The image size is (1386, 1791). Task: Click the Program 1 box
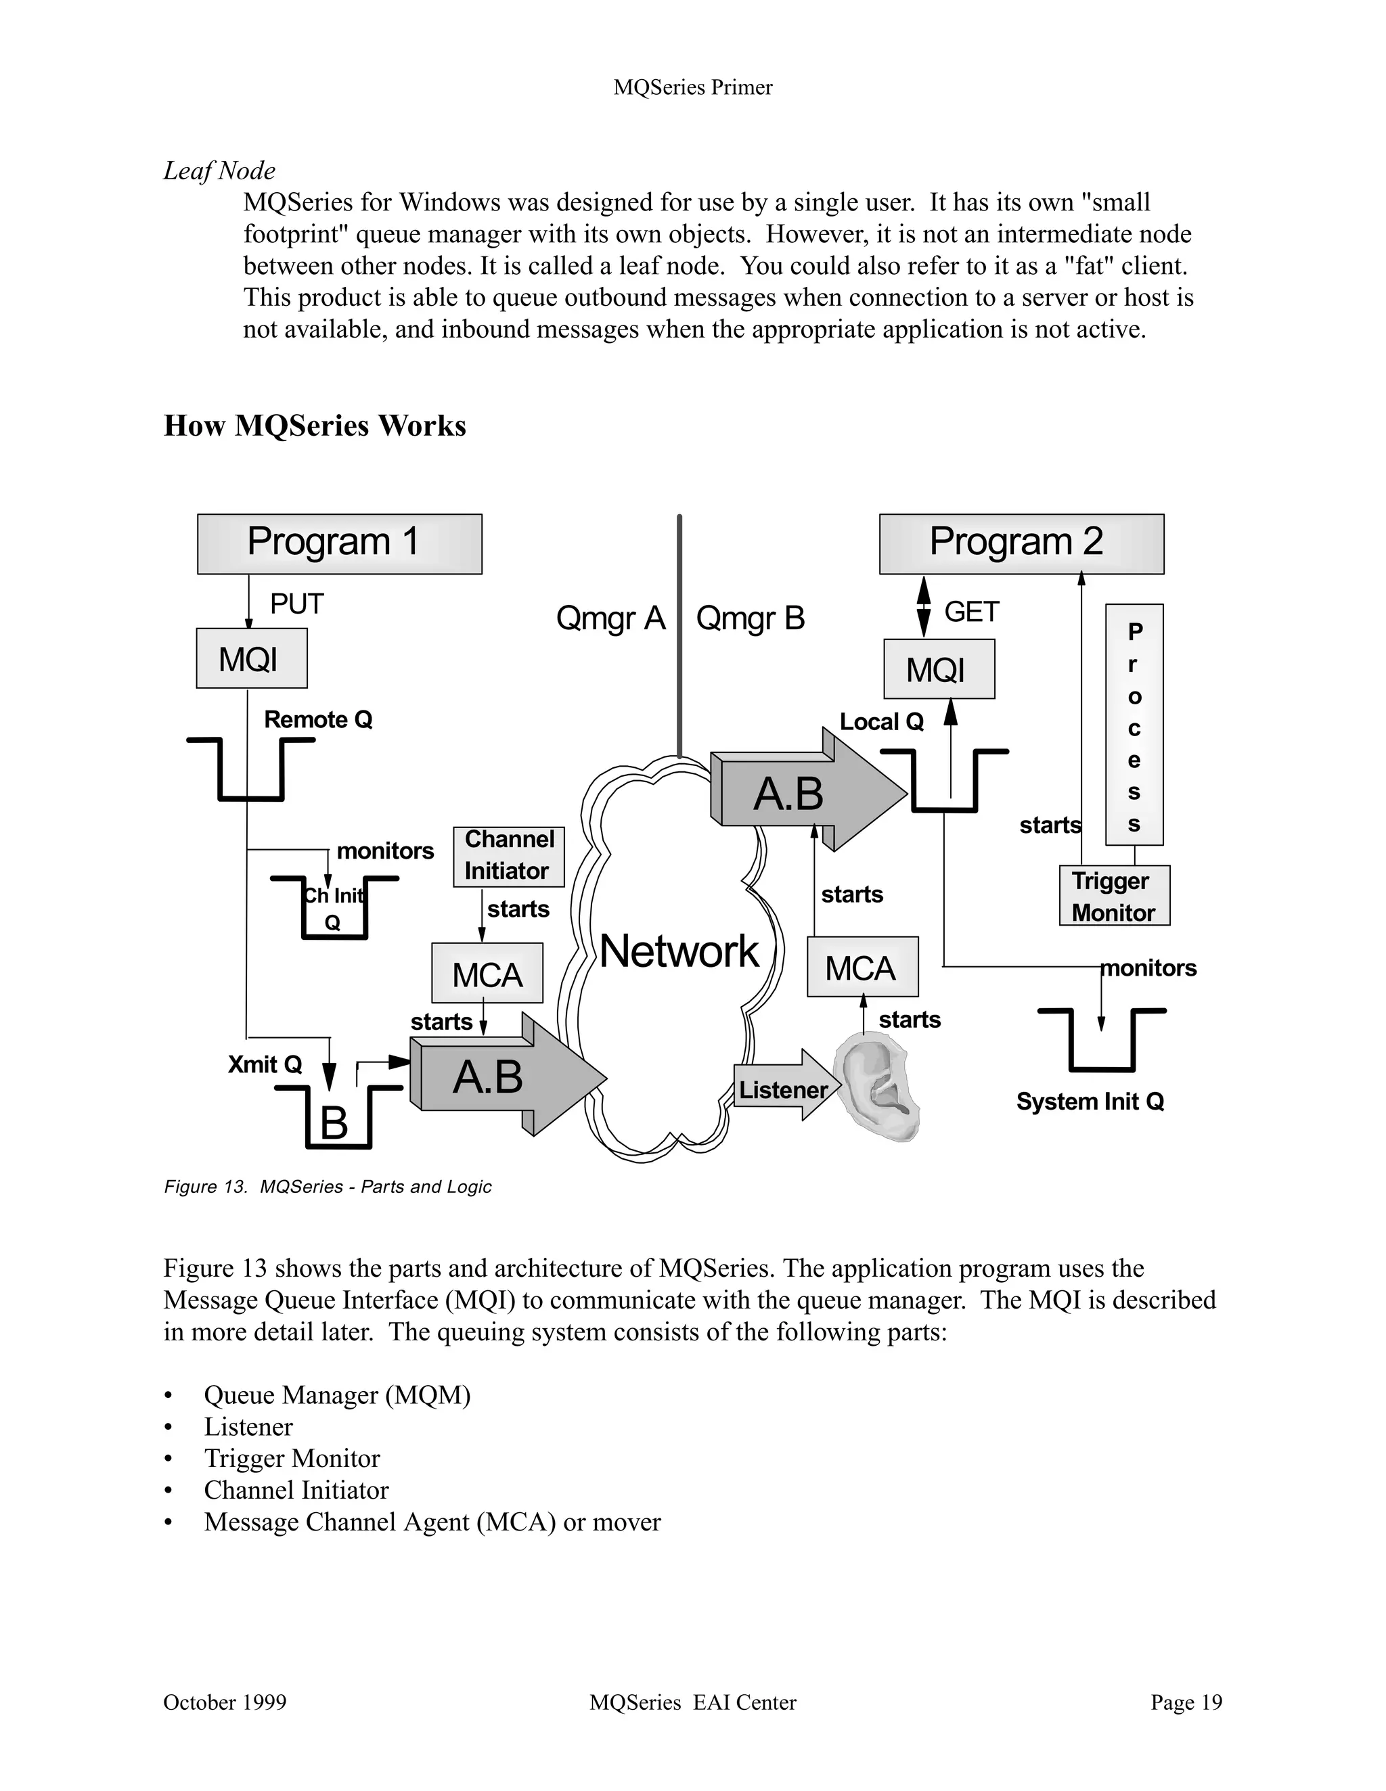[340, 544]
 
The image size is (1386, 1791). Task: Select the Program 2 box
[1021, 544]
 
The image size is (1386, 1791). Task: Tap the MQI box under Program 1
[252, 658]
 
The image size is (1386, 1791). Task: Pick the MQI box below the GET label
[939, 669]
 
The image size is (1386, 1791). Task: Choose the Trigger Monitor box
[1115, 896]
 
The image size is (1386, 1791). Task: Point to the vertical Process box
[1134, 725]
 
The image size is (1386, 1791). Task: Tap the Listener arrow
[785, 1089]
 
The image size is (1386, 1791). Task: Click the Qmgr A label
[610, 618]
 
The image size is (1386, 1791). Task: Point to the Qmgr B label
[751, 618]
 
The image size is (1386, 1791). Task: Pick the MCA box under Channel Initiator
[487, 974]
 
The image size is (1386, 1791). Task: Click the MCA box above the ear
[862, 967]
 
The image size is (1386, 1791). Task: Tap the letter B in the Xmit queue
[334, 1122]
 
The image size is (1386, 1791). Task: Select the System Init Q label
[1090, 1102]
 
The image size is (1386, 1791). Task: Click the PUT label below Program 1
[297, 604]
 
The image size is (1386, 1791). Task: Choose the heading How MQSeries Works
[315, 426]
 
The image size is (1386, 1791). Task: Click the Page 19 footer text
[1186, 1702]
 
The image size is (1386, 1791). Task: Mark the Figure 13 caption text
[328, 1187]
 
